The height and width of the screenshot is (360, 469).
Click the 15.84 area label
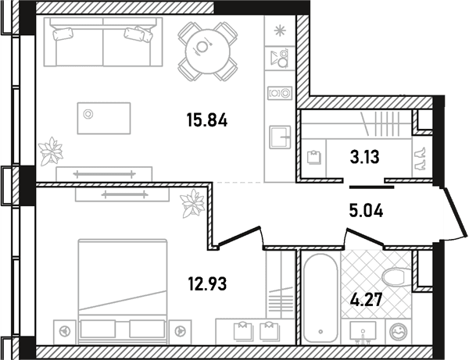tap(207, 120)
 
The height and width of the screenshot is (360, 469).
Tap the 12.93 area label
tap(207, 283)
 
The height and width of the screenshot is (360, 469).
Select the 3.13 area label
tap(364, 157)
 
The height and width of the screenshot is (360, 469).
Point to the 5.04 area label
tap(366, 210)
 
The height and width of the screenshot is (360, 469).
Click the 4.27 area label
tap(366, 300)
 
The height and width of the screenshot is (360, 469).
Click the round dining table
tap(208, 51)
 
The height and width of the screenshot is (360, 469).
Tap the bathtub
tap(320, 298)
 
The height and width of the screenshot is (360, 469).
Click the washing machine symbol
tap(399, 332)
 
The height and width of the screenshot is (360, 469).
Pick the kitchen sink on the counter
tap(280, 137)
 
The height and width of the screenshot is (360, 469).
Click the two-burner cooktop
tap(280, 93)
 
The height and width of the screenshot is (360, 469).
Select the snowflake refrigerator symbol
tap(280, 30)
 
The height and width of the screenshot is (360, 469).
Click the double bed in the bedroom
tap(123, 290)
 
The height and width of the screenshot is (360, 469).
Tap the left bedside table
tap(65, 332)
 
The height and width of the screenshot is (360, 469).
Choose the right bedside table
tap(180, 332)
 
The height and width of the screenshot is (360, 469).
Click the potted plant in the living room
tap(52, 151)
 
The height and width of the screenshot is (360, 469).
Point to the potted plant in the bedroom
tap(193, 204)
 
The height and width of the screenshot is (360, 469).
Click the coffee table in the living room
tap(104, 118)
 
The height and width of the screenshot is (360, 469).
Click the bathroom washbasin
tap(363, 331)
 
